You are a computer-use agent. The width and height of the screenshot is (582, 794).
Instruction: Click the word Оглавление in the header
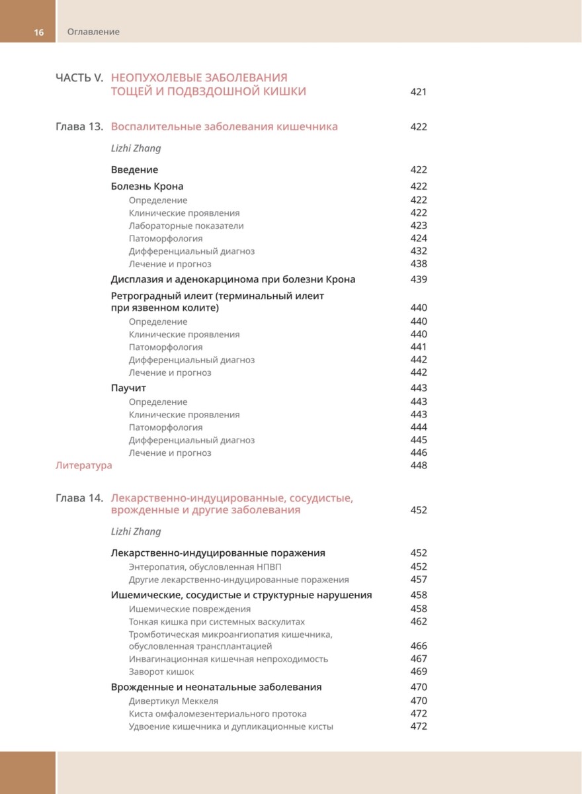[93, 32]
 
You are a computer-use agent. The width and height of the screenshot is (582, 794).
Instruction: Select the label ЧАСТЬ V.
[79, 77]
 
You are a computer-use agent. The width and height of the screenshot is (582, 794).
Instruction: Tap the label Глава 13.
[79, 126]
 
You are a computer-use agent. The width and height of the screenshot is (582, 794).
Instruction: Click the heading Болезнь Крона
[147, 186]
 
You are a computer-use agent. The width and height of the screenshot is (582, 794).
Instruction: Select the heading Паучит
[128, 388]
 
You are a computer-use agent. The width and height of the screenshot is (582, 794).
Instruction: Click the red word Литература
[83, 465]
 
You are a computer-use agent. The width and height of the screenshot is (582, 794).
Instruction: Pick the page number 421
[419, 92]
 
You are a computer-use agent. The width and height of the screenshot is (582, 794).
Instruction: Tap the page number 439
[419, 279]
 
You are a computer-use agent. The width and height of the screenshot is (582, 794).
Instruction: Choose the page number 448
[419, 465]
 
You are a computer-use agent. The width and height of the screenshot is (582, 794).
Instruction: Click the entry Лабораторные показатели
[187, 226]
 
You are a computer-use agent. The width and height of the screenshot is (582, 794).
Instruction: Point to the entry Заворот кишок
[161, 672]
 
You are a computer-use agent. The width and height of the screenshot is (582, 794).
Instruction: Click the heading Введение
[134, 169]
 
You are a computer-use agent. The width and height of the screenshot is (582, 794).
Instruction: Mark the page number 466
[419, 646]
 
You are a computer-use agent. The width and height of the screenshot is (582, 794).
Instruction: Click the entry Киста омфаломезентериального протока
[218, 714]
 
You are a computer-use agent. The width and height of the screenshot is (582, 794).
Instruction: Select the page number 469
[419, 672]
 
